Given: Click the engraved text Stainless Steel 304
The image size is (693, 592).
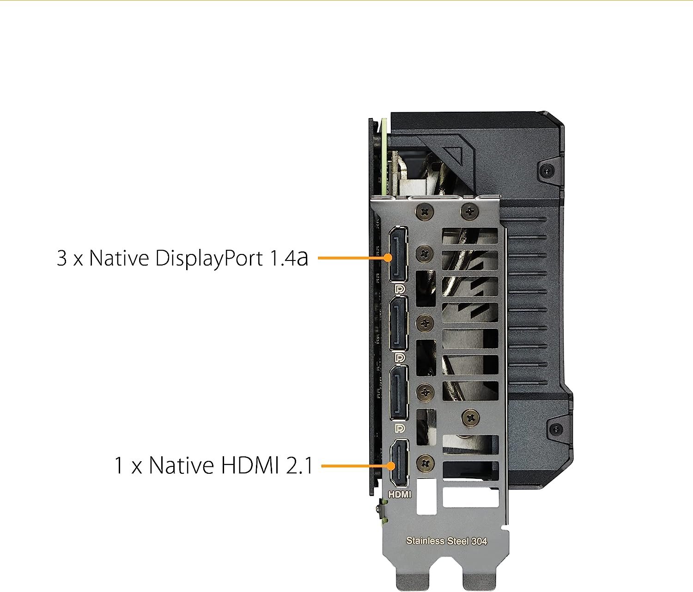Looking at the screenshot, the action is point(446,541).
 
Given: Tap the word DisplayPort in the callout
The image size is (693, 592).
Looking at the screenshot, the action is point(209,258).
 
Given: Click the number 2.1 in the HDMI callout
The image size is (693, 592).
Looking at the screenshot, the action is point(299,465).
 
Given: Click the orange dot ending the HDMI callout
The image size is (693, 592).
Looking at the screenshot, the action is point(390,465).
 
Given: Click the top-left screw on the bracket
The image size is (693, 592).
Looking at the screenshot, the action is point(425,212).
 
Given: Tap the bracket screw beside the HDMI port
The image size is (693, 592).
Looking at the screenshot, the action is point(425,463).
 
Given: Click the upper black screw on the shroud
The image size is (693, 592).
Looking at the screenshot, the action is point(547,171).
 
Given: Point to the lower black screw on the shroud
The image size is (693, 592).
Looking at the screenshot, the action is point(556,429).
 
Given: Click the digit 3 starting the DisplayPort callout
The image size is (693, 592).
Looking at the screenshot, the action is point(62,258).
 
